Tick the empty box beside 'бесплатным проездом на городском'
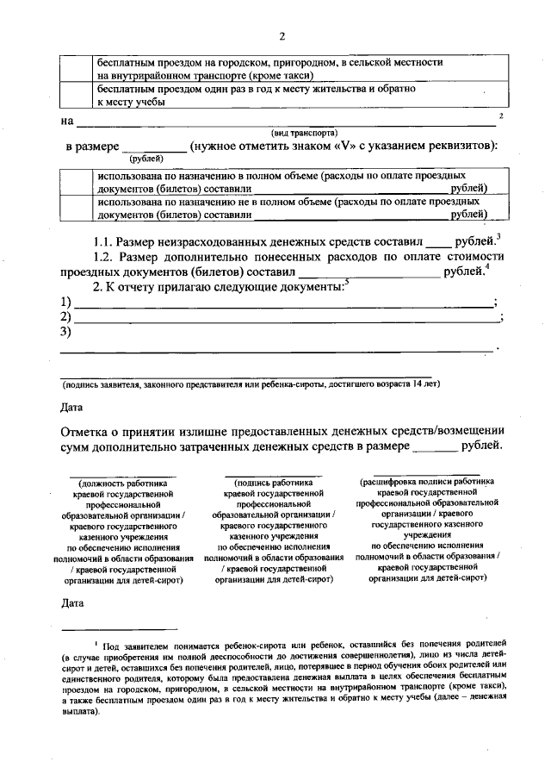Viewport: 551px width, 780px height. [x=76, y=69]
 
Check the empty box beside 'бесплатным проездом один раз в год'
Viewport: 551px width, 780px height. [x=76, y=95]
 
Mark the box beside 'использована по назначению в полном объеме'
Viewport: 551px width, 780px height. [x=76, y=180]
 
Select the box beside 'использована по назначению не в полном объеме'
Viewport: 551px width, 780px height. [x=76, y=207]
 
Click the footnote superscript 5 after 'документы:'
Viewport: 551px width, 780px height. [x=346, y=281]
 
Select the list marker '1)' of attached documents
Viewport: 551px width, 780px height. [x=65, y=303]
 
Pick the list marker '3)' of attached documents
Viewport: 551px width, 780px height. [x=65, y=334]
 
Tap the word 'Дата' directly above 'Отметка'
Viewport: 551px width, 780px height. [x=73, y=406]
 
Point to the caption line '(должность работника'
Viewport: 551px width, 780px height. [x=123, y=484]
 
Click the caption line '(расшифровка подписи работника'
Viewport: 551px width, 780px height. [x=427, y=483]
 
